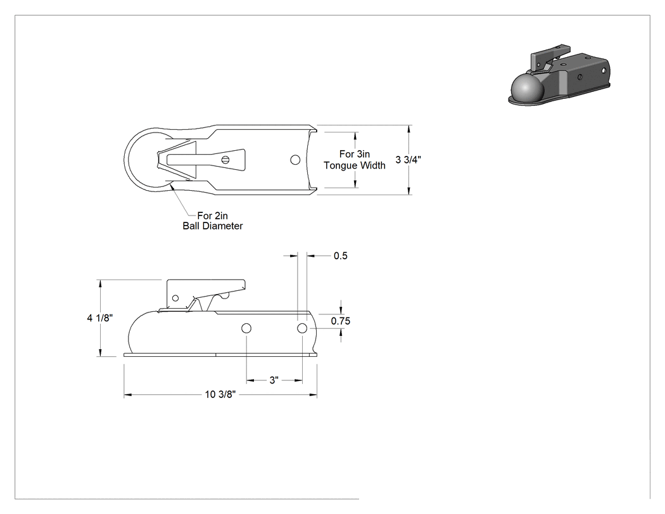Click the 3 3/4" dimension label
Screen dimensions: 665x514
408,160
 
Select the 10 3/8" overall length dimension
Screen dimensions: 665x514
220,394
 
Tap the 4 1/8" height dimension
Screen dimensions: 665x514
99,318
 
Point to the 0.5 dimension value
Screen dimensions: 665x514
341,255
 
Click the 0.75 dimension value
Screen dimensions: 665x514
341,321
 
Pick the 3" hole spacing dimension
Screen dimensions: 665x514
274,380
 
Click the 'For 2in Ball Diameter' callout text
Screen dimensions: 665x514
212,221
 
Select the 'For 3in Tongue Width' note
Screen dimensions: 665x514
355,160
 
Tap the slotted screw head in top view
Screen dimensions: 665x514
225,160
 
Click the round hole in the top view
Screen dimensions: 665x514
295,160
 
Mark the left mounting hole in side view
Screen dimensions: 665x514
246,328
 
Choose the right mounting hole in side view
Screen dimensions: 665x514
302,328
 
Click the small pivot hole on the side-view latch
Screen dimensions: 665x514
175,298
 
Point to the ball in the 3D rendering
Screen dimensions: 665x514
525,89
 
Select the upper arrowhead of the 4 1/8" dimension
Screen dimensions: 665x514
100,283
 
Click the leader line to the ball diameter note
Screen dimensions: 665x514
184,200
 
